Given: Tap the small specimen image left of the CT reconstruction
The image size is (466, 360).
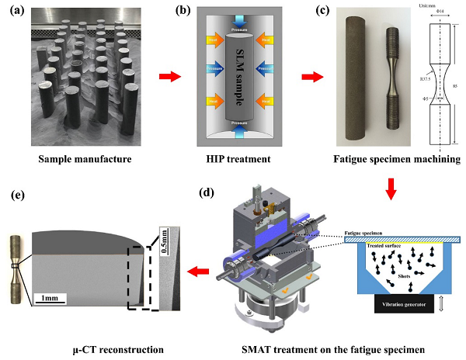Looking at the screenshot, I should coord(16,266).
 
